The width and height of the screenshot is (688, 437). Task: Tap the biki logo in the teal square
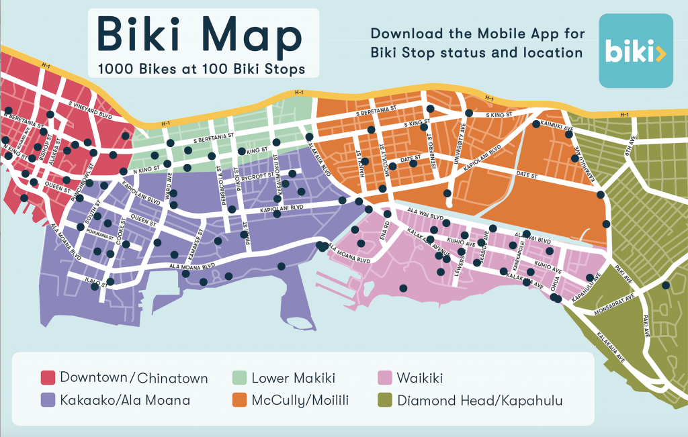click(636, 51)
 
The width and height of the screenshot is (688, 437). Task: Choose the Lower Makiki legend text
click(293, 378)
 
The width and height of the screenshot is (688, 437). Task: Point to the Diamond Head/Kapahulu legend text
click(480, 401)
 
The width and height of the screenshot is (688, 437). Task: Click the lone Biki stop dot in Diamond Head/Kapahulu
click(666, 285)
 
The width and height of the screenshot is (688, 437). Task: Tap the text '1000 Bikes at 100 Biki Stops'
click(202, 68)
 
